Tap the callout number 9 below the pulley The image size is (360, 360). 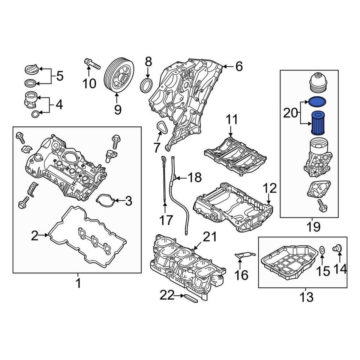118,109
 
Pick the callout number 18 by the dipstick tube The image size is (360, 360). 194,178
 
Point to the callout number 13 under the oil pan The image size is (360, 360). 306,298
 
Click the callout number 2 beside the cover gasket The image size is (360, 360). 34,235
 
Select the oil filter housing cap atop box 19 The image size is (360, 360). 317,83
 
